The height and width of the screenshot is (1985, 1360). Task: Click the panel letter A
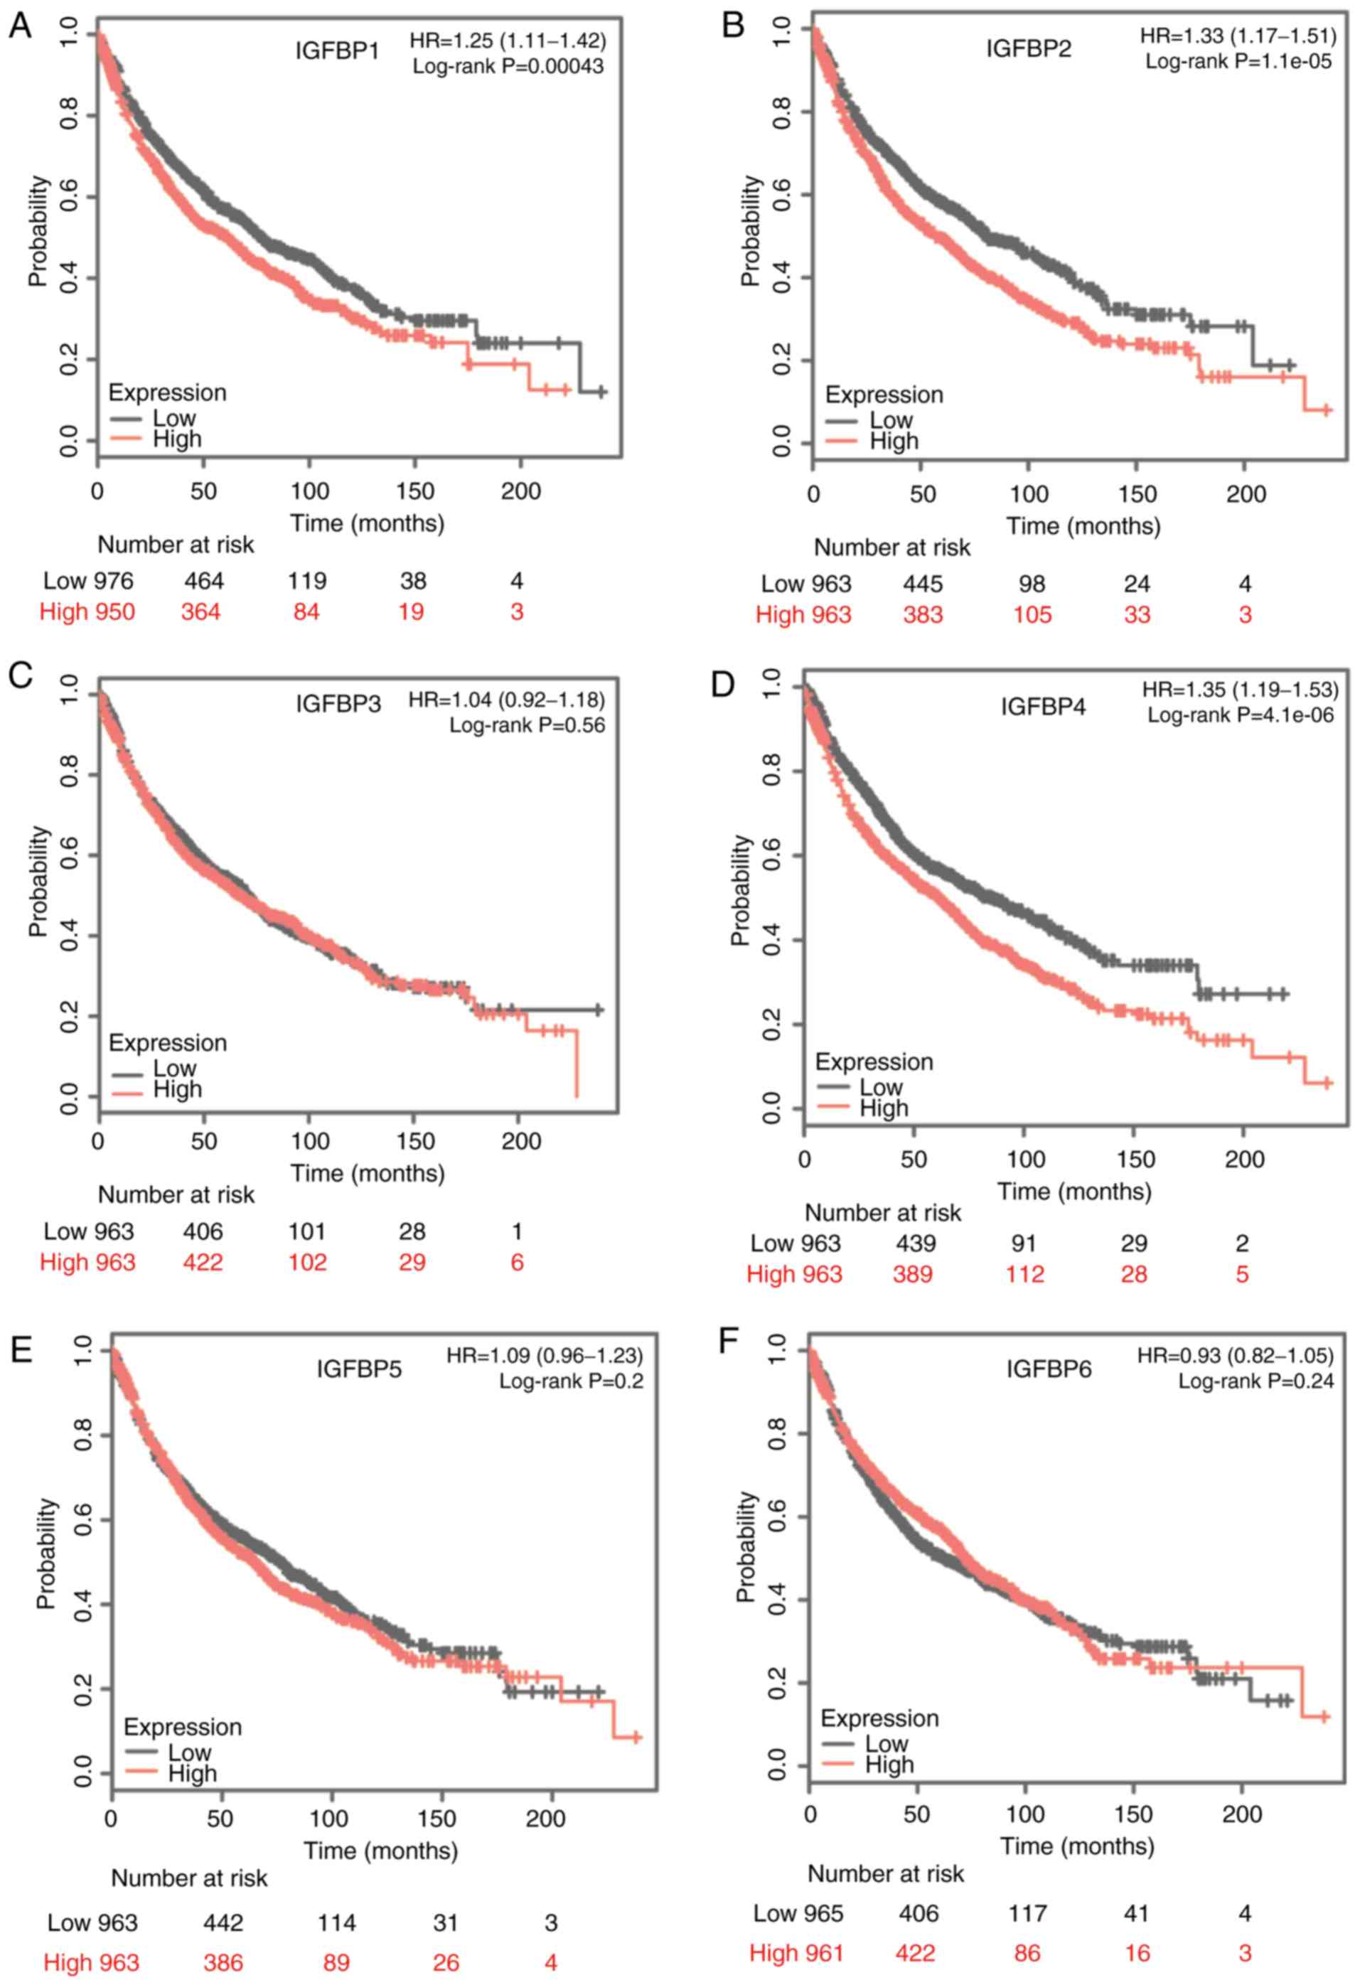pos(20,26)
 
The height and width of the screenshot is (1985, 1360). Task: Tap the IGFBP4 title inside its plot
pos(1043,707)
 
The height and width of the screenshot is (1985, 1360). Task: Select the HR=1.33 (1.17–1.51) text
pos(1236,36)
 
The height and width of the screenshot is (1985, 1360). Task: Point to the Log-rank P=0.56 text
pos(526,725)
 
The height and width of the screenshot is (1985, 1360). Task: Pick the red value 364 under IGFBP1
pos(200,611)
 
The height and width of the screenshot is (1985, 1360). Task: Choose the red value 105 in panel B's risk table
pos(1032,615)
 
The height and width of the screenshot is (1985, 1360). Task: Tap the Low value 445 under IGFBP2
pos(923,584)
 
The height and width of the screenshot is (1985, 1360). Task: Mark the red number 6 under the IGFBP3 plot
pos(517,1263)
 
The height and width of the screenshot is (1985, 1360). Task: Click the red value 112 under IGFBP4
pos(1024,1274)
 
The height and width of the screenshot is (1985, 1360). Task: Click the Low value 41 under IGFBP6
pos(1136,1914)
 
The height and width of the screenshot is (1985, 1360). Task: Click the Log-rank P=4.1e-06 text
pos(1240,715)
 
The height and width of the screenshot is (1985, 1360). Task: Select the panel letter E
pos(20,1349)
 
